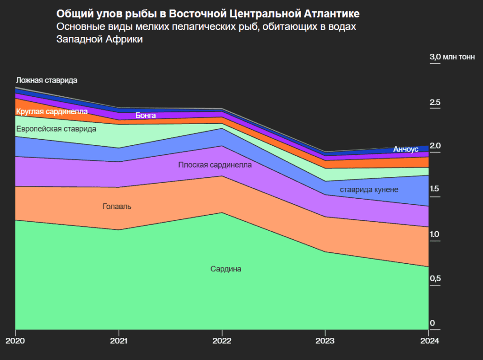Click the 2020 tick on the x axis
click(x=15, y=341)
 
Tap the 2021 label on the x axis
click(x=118, y=341)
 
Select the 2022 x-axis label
click(x=222, y=341)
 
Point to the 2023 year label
click(x=325, y=341)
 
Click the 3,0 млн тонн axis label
click(x=452, y=57)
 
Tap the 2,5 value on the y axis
click(x=434, y=102)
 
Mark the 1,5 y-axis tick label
click(x=434, y=189)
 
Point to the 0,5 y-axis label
click(x=434, y=278)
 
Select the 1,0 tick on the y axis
click(x=434, y=234)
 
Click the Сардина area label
click(x=225, y=269)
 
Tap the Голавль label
click(x=117, y=207)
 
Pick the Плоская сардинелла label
click(x=215, y=165)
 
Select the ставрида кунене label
click(x=369, y=190)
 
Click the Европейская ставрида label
click(x=56, y=129)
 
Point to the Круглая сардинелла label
click(x=52, y=112)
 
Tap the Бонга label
click(x=145, y=115)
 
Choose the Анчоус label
click(x=406, y=149)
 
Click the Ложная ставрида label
click(x=46, y=80)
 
